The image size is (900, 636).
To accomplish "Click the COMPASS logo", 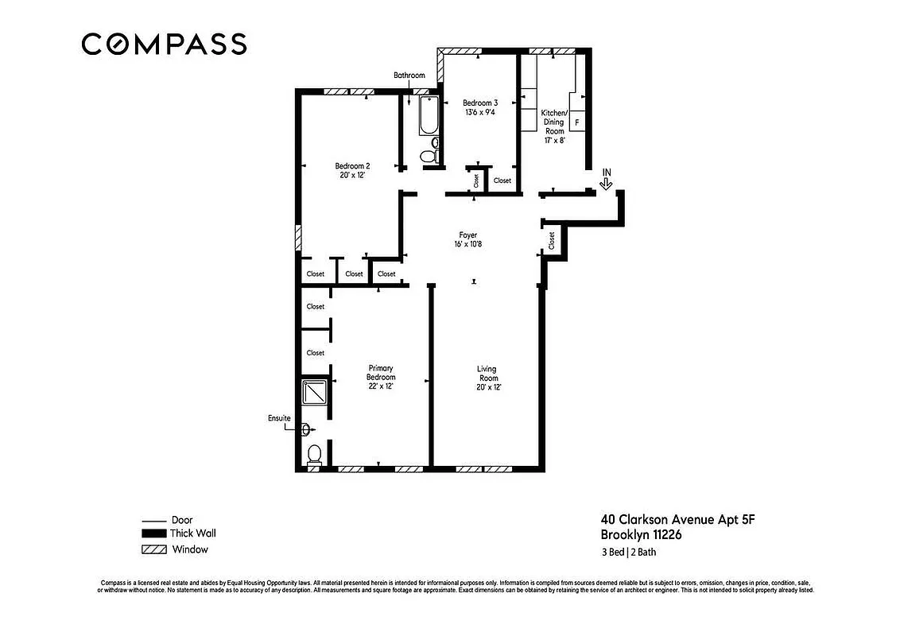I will click(164, 44).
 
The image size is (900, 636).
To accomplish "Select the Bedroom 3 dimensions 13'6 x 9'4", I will click(480, 113).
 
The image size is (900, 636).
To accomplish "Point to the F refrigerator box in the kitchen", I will click(577, 122).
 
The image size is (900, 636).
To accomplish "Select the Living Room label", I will click(487, 373).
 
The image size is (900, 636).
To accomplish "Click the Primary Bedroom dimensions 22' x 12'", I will click(381, 386).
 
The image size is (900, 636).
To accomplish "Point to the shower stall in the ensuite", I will click(314, 393).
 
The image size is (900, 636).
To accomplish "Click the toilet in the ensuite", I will click(314, 454).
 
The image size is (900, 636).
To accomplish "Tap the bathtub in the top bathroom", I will click(429, 116).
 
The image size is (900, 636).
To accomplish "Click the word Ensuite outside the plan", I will click(279, 418).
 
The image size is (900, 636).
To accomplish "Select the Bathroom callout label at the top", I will click(409, 76).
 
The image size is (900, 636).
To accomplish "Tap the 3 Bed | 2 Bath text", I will click(628, 553).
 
